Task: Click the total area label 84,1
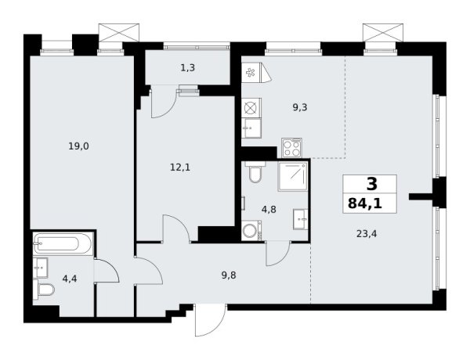click(x=370, y=206)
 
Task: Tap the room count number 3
click(x=371, y=185)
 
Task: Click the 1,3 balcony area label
click(x=188, y=68)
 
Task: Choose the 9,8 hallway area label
click(x=227, y=275)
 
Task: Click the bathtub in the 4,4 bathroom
click(x=64, y=244)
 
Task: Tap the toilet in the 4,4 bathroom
click(x=45, y=292)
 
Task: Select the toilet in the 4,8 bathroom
click(x=253, y=173)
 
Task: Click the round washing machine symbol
click(x=250, y=231)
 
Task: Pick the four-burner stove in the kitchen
click(x=291, y=146)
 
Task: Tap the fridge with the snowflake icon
click(x=252, y=74)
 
